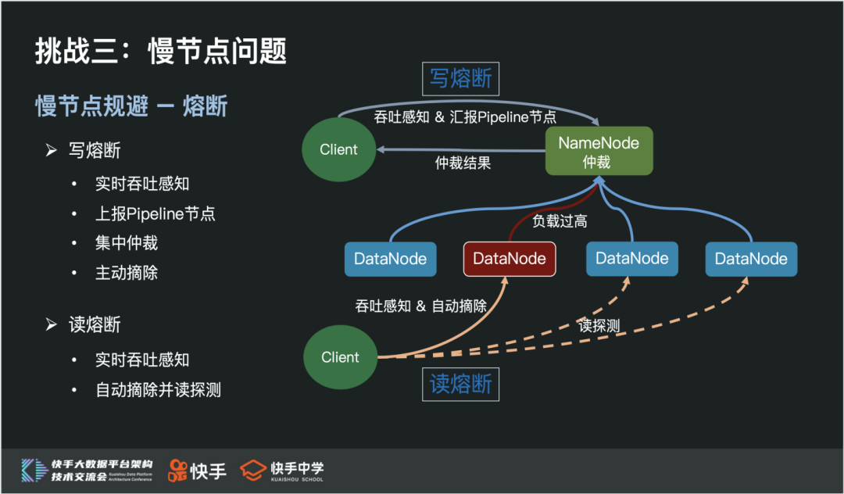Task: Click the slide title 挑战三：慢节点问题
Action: tap(160, 51)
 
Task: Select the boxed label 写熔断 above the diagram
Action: tap(460, 79)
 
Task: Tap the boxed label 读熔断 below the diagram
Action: tap(460, 384)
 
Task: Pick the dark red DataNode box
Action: tap(510, 259)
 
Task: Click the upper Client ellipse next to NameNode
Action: tap(338, 149)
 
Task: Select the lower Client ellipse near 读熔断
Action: tap(340, 357)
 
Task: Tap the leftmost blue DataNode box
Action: tap(390, 259)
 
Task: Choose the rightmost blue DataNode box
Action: tap(751, 259)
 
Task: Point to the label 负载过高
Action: tap(560, 221)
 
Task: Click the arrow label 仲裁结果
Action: tap(463, 164)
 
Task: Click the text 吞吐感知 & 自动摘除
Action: tap(421, 306)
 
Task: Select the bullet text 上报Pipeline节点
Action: tap(156, 213)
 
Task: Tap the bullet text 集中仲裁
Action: tap(127, 243)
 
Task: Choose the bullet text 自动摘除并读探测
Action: tap(159, 389)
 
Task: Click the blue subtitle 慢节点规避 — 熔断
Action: tap(131, 106)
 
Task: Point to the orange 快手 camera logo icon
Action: tap(178, 469)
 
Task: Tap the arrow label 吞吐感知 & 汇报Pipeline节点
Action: tap(467, 117)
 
